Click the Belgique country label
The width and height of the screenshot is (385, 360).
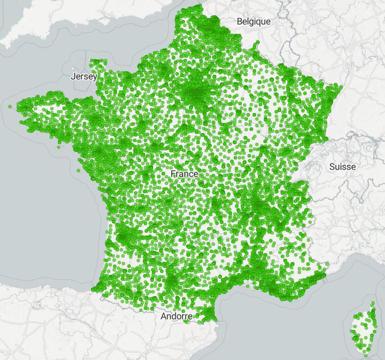coord(254,21)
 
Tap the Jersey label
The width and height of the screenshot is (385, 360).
coord(84,77)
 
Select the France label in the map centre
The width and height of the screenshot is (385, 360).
coord(184,174)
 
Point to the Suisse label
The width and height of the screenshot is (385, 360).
coord(343,167)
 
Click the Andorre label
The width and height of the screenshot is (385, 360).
coord(176,317)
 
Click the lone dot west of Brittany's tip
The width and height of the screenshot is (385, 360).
coord(10,106)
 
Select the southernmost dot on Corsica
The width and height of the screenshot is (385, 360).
coord(366,355)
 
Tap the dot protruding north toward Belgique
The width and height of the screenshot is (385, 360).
coord(258,42)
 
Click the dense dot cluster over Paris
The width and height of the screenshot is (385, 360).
coord(196,94)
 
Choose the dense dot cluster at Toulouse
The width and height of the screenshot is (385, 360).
coord(171,282)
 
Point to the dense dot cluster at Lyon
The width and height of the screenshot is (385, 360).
coord(261,206)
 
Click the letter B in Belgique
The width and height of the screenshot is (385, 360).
coord(239,21)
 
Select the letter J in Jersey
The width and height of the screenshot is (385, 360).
coord(73,77)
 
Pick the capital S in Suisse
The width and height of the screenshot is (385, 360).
coord(332,167)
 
